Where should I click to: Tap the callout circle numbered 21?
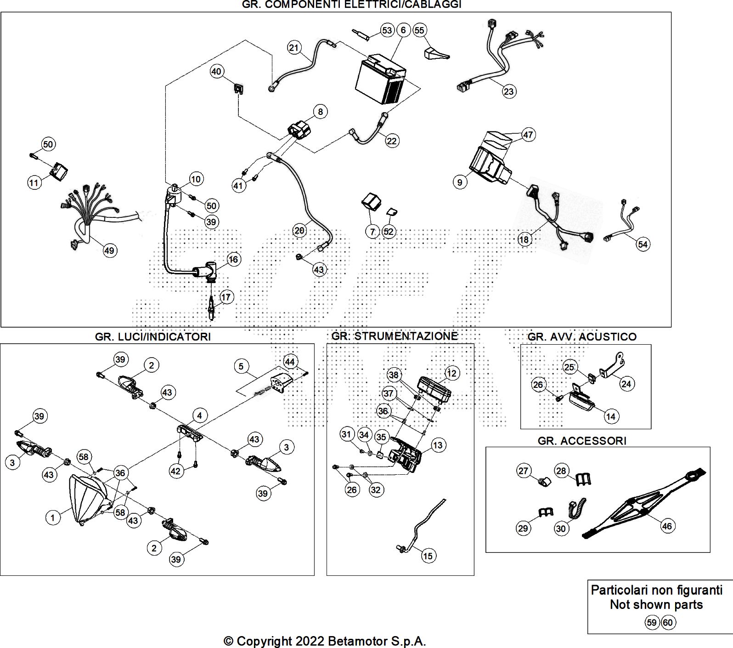click(294, 47)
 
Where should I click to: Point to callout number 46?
click(667, 526)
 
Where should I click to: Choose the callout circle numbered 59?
click(652, 623)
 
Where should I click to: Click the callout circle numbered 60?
click(668, 623)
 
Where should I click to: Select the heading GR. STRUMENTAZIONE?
click(395, 336)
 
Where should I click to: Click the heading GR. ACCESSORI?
click(582, 441)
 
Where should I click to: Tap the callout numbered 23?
click(509, 91)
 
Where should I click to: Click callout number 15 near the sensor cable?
click(428, 556)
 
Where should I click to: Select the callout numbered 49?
click(109, 250)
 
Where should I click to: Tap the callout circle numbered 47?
click(528, 135)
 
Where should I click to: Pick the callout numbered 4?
click(199, 416)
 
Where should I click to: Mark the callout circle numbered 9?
click(460, 182)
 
